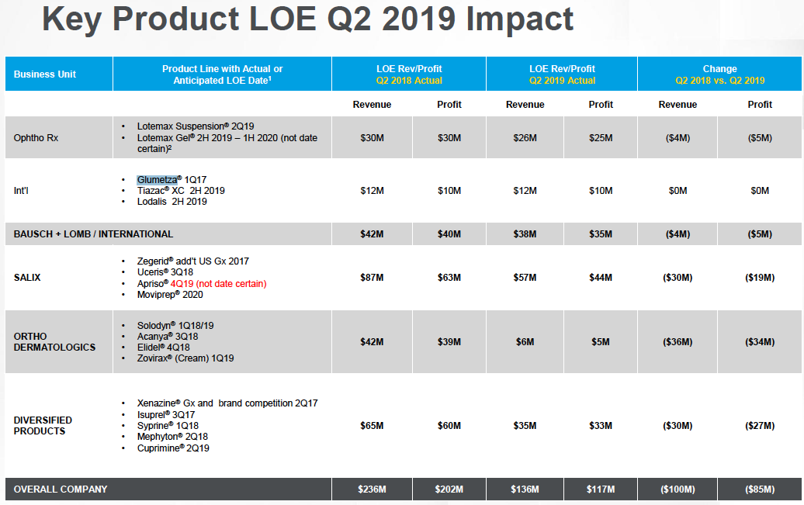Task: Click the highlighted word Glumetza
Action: pos(157,179)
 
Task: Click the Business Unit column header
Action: pos(45,74)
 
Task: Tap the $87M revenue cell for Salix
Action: pos(372,278)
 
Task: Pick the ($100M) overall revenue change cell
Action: pos(677,489)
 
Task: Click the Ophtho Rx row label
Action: pos(36,138)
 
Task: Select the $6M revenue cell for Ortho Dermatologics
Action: pos(525,342)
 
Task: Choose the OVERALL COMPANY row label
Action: pos(61,489)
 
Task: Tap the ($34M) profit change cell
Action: pos(760,342)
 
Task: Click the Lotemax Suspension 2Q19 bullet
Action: pos(196,126)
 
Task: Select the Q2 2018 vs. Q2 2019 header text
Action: pos(719,81)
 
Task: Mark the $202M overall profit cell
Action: pos(449,489)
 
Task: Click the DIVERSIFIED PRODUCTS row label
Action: pos(43,425)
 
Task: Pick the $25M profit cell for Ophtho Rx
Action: pos(601,138)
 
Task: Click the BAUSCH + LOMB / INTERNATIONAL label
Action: pos(93,234)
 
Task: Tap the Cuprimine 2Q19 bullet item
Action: pos(173,448)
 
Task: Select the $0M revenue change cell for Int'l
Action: pos(678,191)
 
